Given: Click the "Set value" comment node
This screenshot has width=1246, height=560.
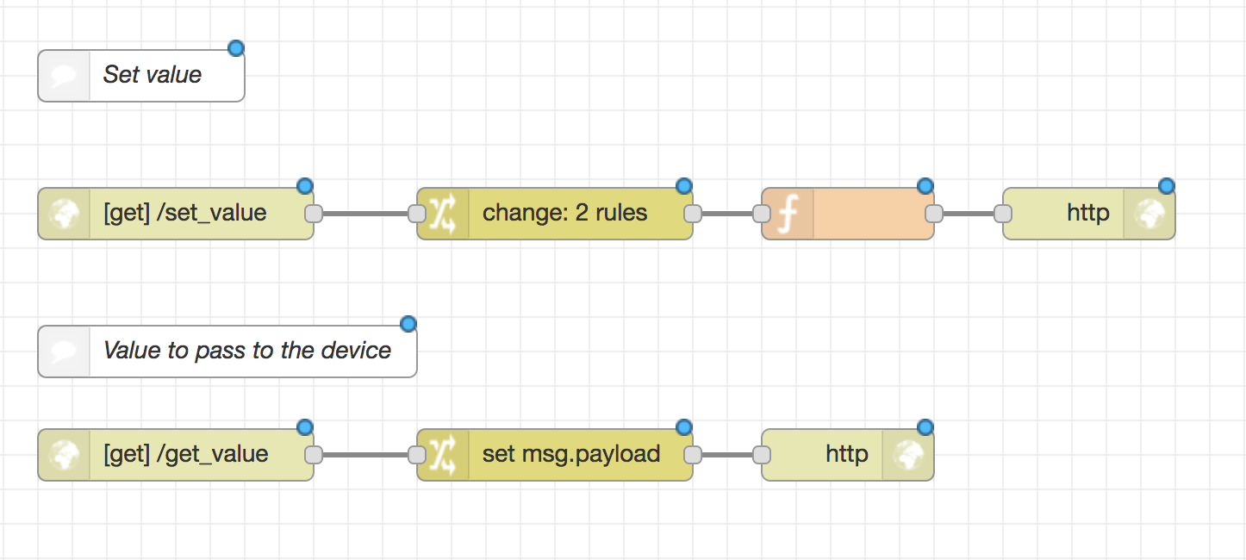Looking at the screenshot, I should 152,76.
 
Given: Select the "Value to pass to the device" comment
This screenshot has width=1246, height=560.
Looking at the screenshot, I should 246,352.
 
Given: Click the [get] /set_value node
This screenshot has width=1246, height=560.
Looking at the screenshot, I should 184,214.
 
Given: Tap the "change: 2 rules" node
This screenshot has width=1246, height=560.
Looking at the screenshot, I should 564,214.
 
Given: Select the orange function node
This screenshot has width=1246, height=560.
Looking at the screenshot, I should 870,214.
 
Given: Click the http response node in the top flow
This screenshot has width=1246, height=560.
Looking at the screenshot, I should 1087,214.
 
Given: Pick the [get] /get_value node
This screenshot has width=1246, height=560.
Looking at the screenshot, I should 184,455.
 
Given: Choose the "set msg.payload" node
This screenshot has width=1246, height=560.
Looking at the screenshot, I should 570,455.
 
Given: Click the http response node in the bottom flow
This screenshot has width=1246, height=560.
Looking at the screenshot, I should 846,455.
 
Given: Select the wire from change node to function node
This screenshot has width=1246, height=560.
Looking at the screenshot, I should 727,214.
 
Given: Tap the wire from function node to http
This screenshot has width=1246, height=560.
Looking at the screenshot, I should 969,214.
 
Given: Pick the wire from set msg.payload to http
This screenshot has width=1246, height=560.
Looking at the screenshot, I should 727,455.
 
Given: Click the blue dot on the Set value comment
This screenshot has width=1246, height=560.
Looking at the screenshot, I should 235,48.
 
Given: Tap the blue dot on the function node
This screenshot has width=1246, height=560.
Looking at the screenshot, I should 925,186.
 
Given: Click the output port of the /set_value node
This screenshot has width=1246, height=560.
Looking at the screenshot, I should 314,214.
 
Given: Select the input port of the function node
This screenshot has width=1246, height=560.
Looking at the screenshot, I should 762,214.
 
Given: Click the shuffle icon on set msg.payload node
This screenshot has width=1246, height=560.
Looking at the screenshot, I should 443,455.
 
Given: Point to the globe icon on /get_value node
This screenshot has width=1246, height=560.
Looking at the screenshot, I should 65,455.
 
